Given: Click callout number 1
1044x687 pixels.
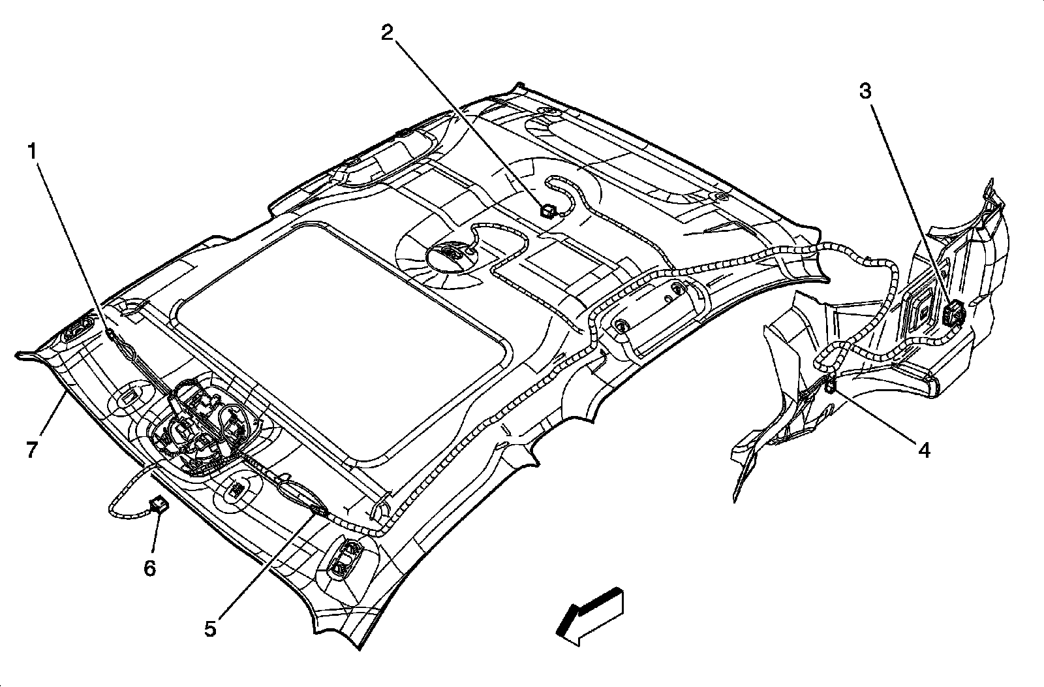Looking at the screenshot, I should click(30, 152).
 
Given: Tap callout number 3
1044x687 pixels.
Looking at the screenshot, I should click(865, 91).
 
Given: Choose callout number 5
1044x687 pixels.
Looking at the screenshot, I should click(209, 628).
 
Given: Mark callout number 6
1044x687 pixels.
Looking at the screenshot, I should click(150, 568).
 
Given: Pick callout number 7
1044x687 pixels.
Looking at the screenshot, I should click(32, 449).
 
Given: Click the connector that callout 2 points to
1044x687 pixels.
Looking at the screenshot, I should click(546, 210).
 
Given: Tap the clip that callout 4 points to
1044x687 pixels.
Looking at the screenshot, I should click(831, 387).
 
